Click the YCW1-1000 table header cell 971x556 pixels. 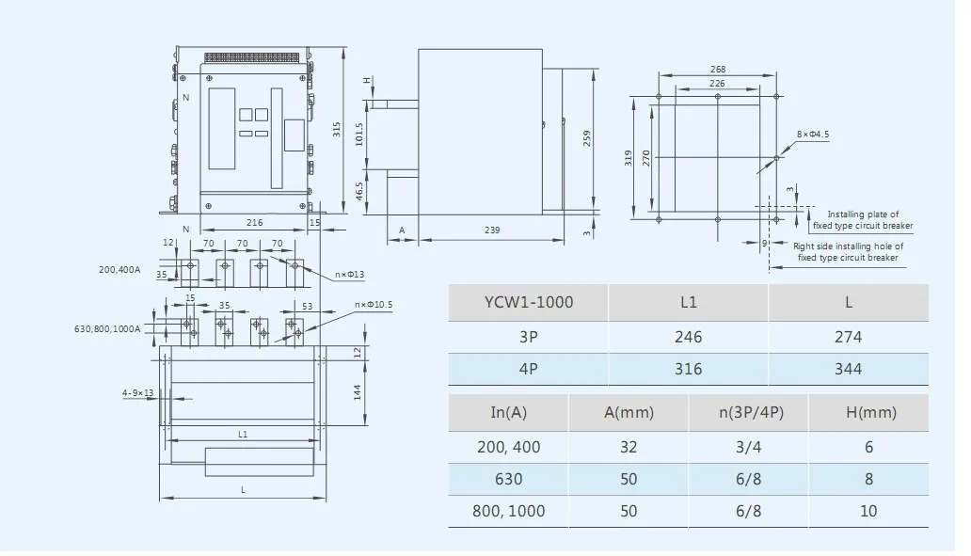point(528,303)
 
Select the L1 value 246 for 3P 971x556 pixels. point(688,337)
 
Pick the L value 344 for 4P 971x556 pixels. point(848,369)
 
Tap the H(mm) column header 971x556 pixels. point(868,412)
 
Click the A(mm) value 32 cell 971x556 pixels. point(629,447)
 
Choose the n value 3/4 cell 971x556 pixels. point(748,447)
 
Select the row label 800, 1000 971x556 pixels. point(509,511)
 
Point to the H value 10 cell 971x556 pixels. point(868,511)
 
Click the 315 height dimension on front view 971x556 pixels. point(337,128)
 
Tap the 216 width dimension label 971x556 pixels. point(254,223)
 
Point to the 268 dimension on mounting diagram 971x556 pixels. point(717,70)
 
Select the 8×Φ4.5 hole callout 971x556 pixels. point(813,135)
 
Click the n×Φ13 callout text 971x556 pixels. point(351,276)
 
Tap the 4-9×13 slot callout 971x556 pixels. point(137,392)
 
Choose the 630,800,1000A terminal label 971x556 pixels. point(107,329)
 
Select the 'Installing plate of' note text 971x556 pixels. point(863,214)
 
